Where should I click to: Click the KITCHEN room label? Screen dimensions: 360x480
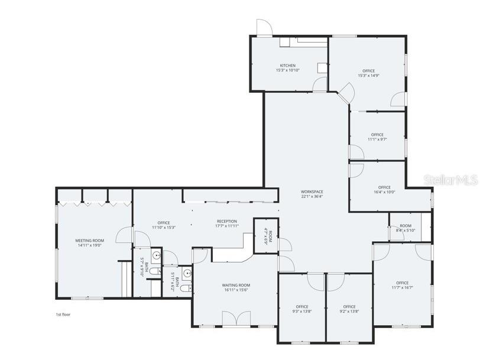[287, 66]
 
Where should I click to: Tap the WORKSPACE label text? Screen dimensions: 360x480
[312, 192]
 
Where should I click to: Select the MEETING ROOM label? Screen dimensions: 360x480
[89, 241]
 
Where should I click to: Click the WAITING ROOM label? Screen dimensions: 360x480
[234, 286]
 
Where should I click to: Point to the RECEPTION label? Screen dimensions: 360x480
[226, 222]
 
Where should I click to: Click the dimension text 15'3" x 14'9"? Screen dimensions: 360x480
[368, 76]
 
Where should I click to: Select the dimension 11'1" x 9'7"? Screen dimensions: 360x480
[377, 140]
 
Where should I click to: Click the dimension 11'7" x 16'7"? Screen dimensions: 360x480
[402, 288]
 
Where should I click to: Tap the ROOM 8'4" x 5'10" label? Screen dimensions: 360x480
[405, 228]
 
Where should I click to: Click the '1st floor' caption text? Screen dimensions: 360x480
[63, 314]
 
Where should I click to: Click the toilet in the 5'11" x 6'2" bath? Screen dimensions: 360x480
[184, 288]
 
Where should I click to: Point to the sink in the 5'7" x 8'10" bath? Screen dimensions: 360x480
[155, 256]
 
